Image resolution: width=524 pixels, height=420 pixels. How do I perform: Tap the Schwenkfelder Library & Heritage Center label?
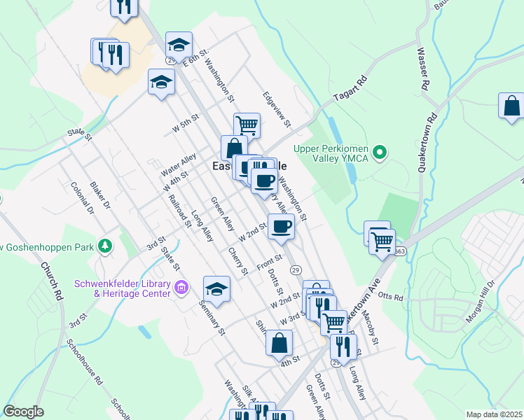(123, 288)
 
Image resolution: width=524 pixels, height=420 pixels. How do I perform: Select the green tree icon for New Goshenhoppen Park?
(105, 246)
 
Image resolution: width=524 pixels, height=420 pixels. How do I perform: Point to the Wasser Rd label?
(422, 69)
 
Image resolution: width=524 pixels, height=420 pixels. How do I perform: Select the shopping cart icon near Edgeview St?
(247, 125)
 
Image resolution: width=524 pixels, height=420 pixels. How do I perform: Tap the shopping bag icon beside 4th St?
(279, 343)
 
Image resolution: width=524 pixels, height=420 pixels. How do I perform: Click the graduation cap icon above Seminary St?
(216, 289)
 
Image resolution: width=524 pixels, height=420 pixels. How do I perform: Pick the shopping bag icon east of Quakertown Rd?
(511, 106)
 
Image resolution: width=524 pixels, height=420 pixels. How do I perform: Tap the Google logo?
(24, 412)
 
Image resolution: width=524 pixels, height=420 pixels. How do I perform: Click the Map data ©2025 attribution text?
(494, 414)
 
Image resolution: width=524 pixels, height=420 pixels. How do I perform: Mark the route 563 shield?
(400, 251)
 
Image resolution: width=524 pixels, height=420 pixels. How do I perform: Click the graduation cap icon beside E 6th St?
(179, 45)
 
